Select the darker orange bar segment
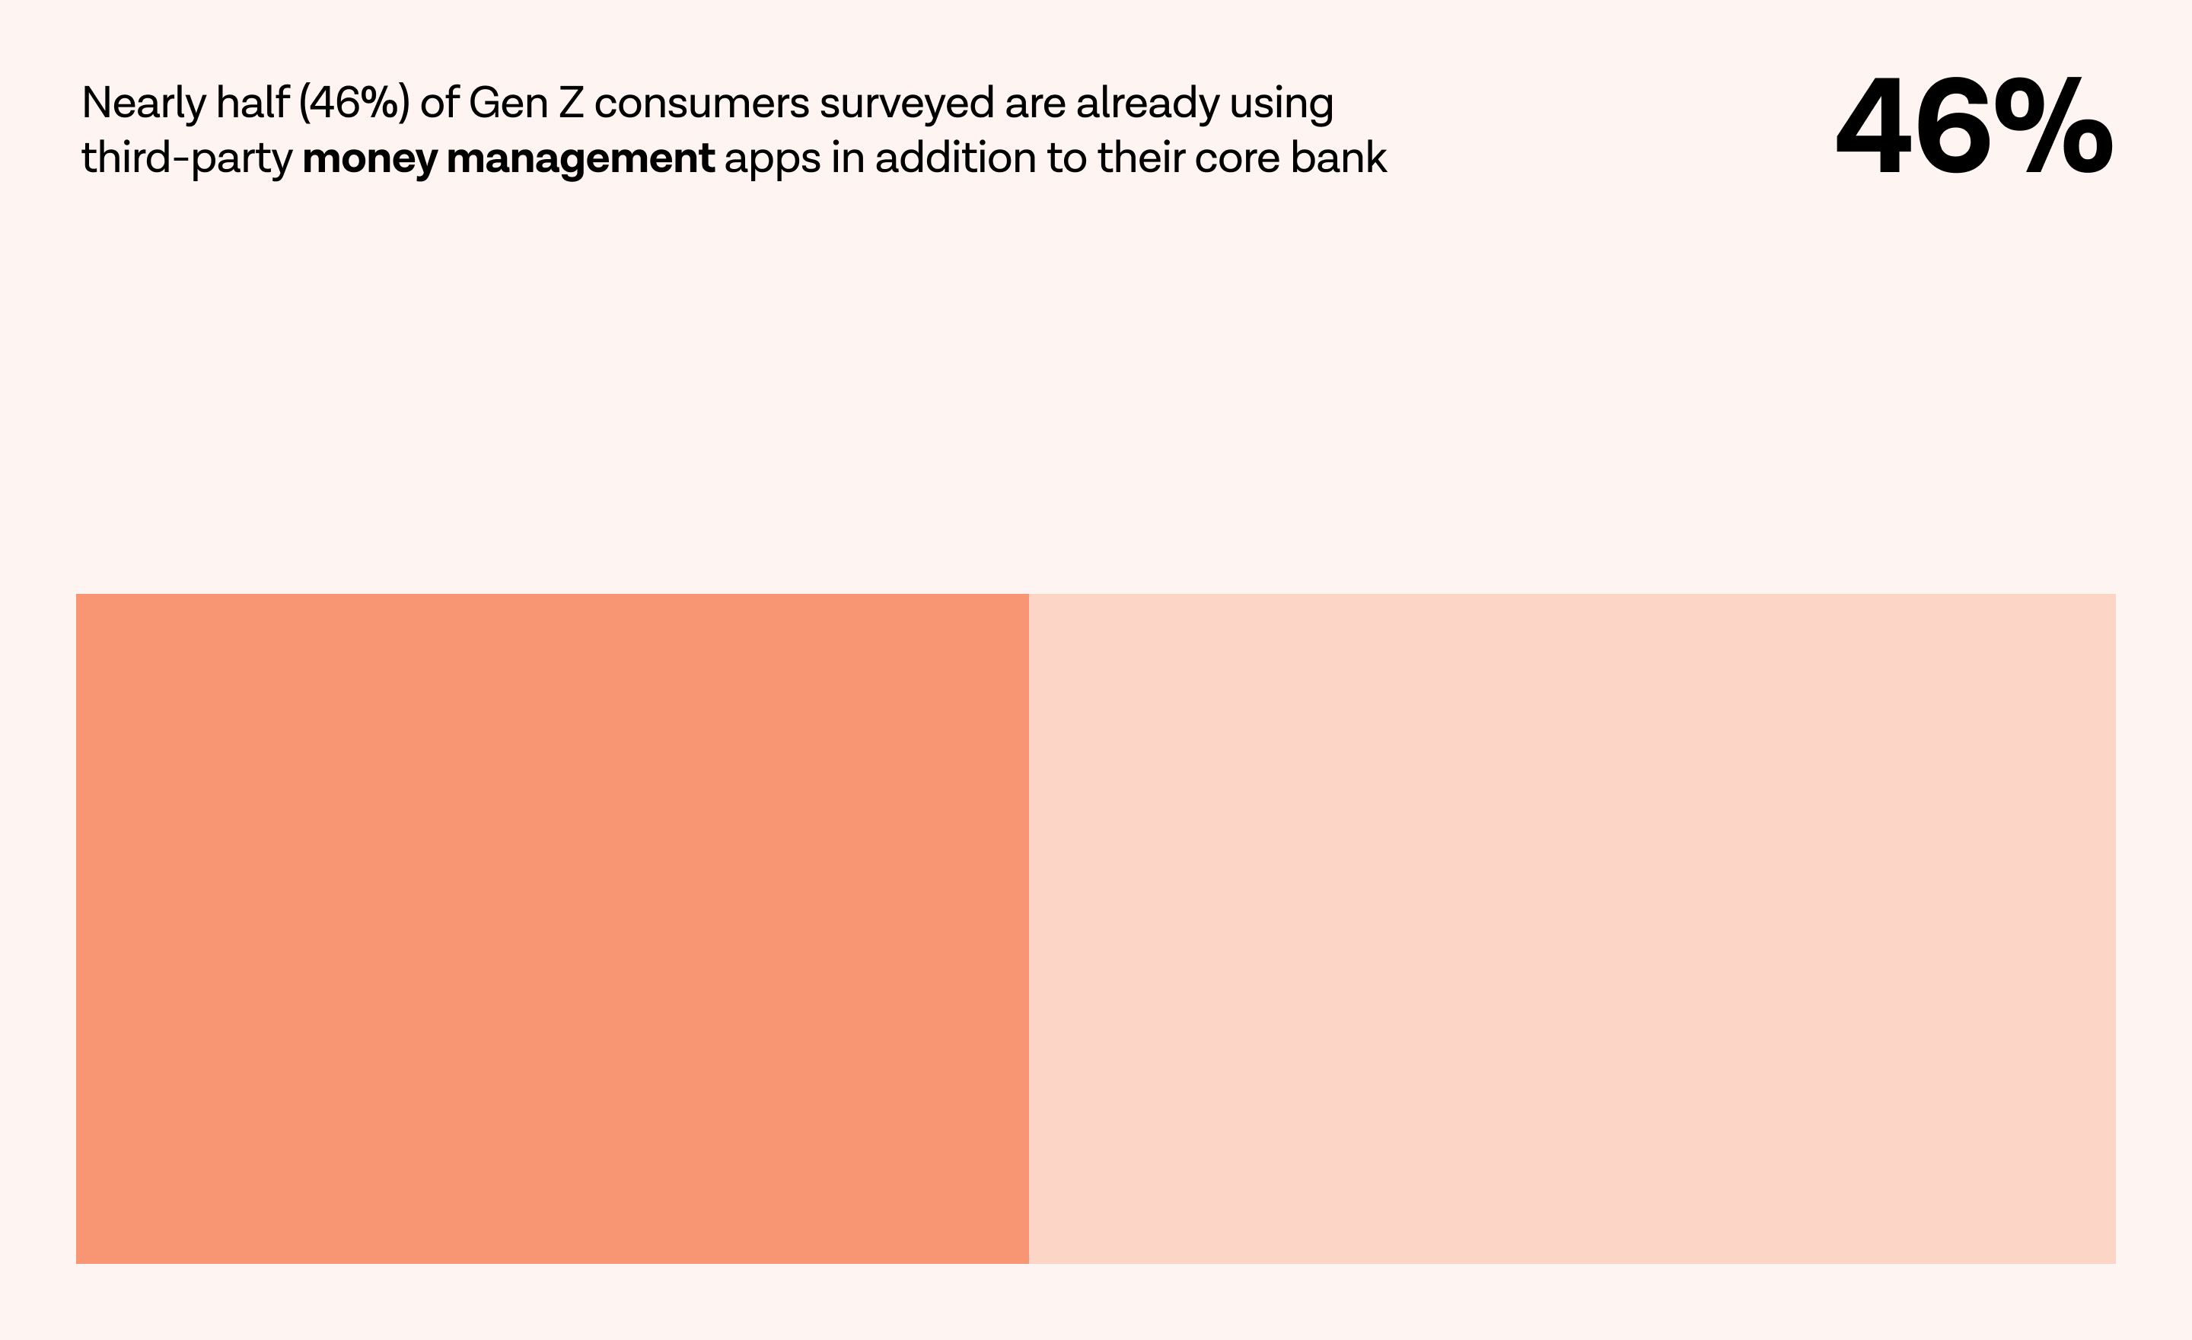pyautogui.click(x=552, y=928)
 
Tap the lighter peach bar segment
pyautogui.click(x=1572, y=928)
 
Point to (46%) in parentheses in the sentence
pyautogui.click(x=354, y=104)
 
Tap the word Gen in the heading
pyautogui.click(x=508, y=104)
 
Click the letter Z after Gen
pyautogui.click(x=571, y=104)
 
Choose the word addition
pyautogui.click(x=955, y=158)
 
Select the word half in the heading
pyautogui.click(x=253, y=104)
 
